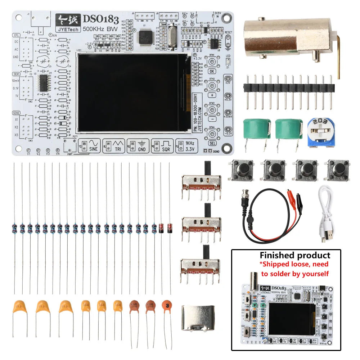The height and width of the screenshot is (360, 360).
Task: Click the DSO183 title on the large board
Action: click(94, 19)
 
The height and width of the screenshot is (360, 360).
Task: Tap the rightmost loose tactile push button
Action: click(338, 170)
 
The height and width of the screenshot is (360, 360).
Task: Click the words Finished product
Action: click(294, 255)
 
